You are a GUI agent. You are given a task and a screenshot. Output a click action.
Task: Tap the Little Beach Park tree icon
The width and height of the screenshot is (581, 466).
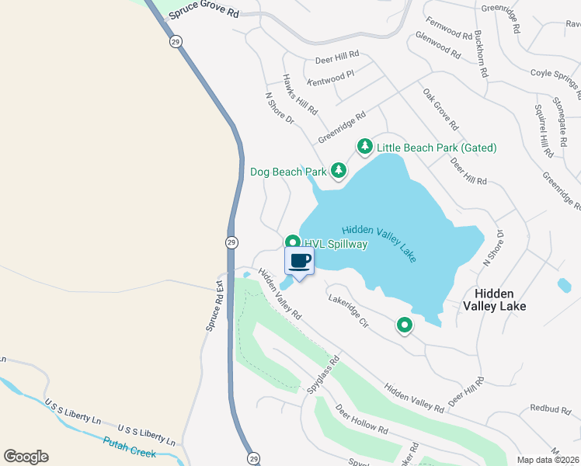pyautogui.click(x=364, y=146)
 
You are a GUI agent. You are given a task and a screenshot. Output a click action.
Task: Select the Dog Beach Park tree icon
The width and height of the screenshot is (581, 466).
pyautogui.click(x=338, y=170)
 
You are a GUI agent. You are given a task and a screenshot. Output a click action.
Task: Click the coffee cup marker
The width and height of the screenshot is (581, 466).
pyautogui.click(x=300, y=260)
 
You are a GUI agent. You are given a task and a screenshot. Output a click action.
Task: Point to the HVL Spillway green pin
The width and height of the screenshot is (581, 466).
pyautogui.click(x=292, y=242)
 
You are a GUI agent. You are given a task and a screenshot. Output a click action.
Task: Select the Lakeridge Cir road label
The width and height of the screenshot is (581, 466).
pyautogui.click(x=347, y=311)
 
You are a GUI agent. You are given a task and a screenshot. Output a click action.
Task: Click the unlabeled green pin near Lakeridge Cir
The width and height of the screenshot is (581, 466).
pyautogui.click(x=404, y=326)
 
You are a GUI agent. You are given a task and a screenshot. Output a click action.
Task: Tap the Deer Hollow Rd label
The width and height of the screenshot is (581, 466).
pyautogui.click(x=361, y=419)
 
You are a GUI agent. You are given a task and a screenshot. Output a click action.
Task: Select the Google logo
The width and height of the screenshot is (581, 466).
pyautogui.click(x=26, y=457)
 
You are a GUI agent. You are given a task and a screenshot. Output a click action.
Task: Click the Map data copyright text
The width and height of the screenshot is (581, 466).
pyautogui.click(x=548, y=460)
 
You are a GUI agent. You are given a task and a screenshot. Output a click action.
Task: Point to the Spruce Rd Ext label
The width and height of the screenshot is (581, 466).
pyautogui.click(x=214, y=307)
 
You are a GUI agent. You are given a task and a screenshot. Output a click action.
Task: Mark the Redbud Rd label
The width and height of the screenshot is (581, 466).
pyautogui.click(x=550, y=408)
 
